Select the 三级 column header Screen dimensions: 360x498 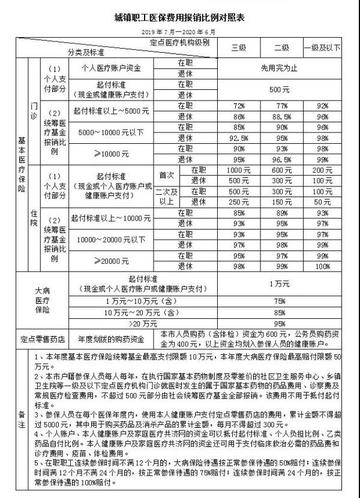238,47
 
